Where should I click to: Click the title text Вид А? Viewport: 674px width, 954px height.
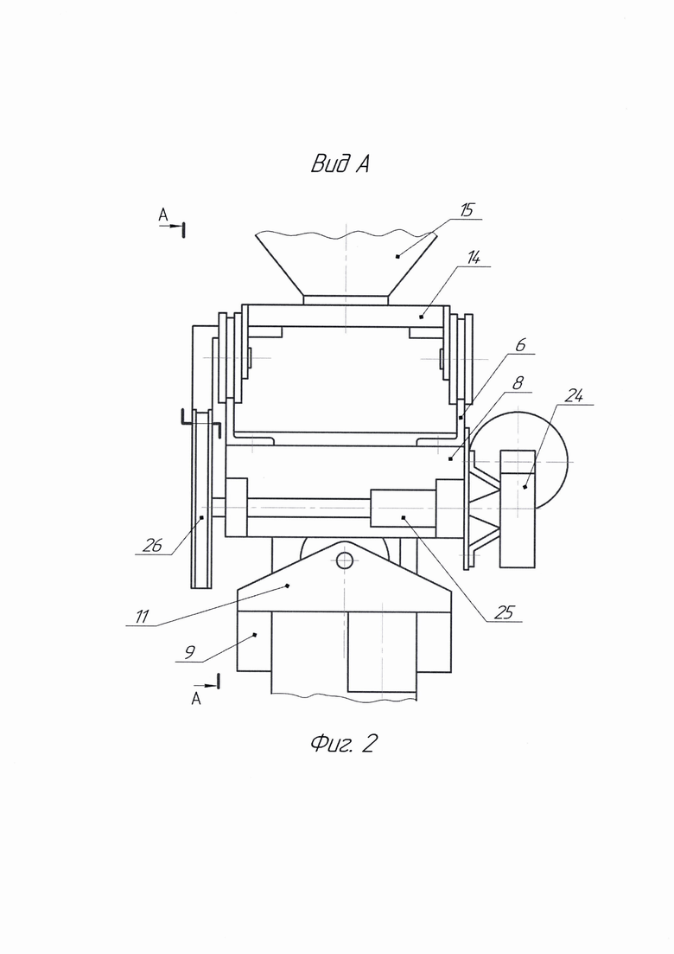(x=340, y=163)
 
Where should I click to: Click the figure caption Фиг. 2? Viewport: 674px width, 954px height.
(x=344, y=743)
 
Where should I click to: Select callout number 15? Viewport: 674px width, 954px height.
(x=466, y=210)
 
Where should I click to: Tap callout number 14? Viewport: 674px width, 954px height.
(x=474, y=258)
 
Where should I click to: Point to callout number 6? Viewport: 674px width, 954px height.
(x=520, y=345)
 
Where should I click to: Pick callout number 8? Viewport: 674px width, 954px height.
(x=518, y=383)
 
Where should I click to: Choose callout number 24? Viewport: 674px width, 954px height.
(x=574, y=396)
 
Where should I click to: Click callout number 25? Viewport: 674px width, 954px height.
(x=504, y=612)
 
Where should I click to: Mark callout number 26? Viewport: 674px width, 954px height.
(x=153, y=546)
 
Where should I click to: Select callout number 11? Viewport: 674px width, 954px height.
(x=142, y=617)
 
